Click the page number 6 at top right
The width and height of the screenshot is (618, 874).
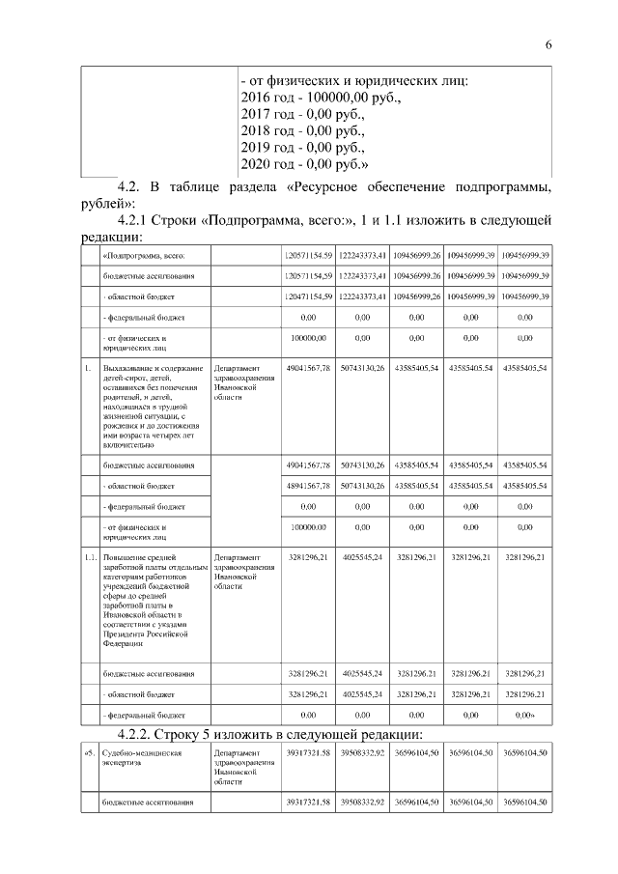[548, 45]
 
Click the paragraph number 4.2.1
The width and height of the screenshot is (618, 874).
[139, 220]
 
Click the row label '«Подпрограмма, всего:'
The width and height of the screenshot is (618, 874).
[144, 255]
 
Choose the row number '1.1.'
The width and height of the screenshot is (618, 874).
[88, 557]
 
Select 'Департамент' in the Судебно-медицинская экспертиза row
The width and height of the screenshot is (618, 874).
[237, 752]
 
